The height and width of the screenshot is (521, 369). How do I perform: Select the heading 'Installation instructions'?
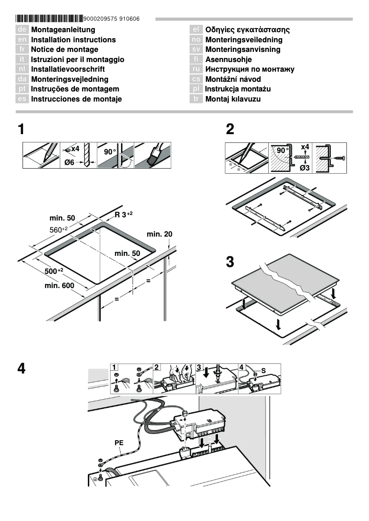coord(73,40)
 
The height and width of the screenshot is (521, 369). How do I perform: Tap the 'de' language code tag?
coord(22,30)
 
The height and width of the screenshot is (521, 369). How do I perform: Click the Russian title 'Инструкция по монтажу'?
coord(249,69)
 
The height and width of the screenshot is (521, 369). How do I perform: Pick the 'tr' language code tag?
coord(196,99)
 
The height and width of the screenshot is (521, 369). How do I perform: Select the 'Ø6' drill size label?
coord(69,162)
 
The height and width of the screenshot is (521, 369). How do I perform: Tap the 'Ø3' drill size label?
coord(304,168)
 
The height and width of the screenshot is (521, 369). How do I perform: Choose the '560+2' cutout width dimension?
coord(58,229)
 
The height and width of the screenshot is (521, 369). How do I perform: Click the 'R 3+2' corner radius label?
coord(124,215)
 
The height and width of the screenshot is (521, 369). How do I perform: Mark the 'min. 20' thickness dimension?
coord(159,234)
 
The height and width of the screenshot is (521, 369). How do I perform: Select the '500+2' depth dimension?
coord(54,271)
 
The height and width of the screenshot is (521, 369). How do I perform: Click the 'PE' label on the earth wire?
coord(119,443)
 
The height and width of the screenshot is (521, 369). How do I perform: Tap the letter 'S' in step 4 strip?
coord(264,370)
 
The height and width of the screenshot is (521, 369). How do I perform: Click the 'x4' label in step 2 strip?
coord(305,147)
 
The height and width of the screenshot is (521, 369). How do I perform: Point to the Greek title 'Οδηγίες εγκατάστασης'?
coord(247,30)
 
